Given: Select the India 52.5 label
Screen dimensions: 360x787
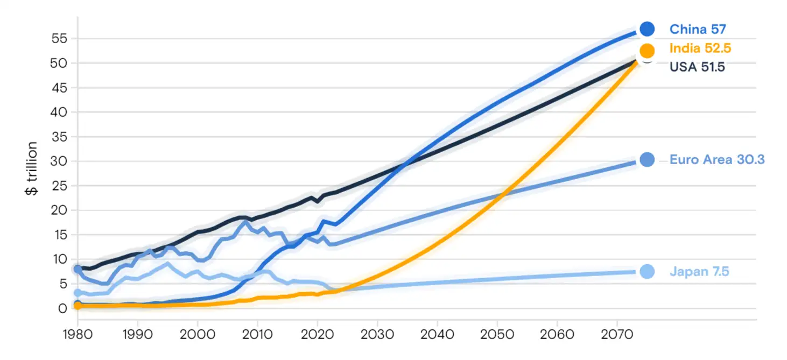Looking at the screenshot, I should pyautogui.click(x=700, y=48).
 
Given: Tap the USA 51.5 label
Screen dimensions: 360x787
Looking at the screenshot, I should pyautogui.click(x=697, y=67).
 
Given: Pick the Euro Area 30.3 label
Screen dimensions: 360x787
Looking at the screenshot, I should pyautogui.click(x=717, y=160).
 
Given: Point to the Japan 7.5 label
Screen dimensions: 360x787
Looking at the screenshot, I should pyautogui.click(x=699, y=272).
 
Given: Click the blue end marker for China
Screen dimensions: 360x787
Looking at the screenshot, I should pyautogui.click(x=647, y=29).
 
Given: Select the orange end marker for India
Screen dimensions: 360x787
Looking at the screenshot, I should pyautogui.click(x=647, y=51).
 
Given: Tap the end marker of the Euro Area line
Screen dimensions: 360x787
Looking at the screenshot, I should pyautogui.click(x=647, y=160).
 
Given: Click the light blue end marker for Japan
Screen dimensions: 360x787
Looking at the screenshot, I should pyautogui.click(x=647, y=272).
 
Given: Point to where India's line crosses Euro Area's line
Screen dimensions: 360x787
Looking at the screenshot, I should pyautogui.click(x=501, y=195).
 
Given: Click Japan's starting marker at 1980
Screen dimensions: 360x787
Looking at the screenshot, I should pyautogui.click(x=78, y=293).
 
